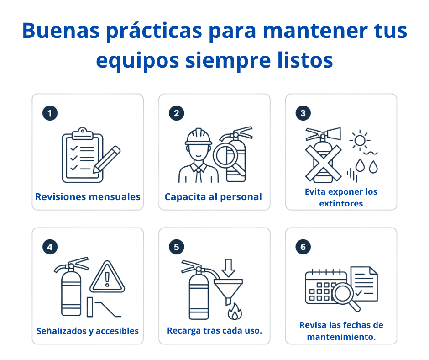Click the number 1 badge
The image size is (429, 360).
point(50,113)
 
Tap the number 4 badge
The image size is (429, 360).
point(50,247)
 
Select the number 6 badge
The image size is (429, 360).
point(303,247)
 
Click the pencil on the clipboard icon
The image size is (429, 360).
point(107,159)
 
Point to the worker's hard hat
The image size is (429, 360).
point(199,137)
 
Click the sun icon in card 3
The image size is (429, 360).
point(360,140)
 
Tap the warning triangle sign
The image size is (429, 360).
point(107,277)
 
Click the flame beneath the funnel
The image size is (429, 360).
point(235,312)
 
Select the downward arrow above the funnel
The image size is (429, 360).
point(229,268)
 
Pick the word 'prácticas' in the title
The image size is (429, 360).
point(154,31)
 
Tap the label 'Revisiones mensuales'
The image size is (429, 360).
point(88,197)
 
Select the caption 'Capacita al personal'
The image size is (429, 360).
point(213,197)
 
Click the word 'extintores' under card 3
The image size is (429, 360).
point(341,204)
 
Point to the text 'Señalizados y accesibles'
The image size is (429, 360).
point(88,331)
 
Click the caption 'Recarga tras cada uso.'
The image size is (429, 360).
point(214,331)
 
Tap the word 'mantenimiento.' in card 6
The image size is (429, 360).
point(341,337)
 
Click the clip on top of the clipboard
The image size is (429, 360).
point(82,133)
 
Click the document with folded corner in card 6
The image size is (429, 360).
point(364,284)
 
